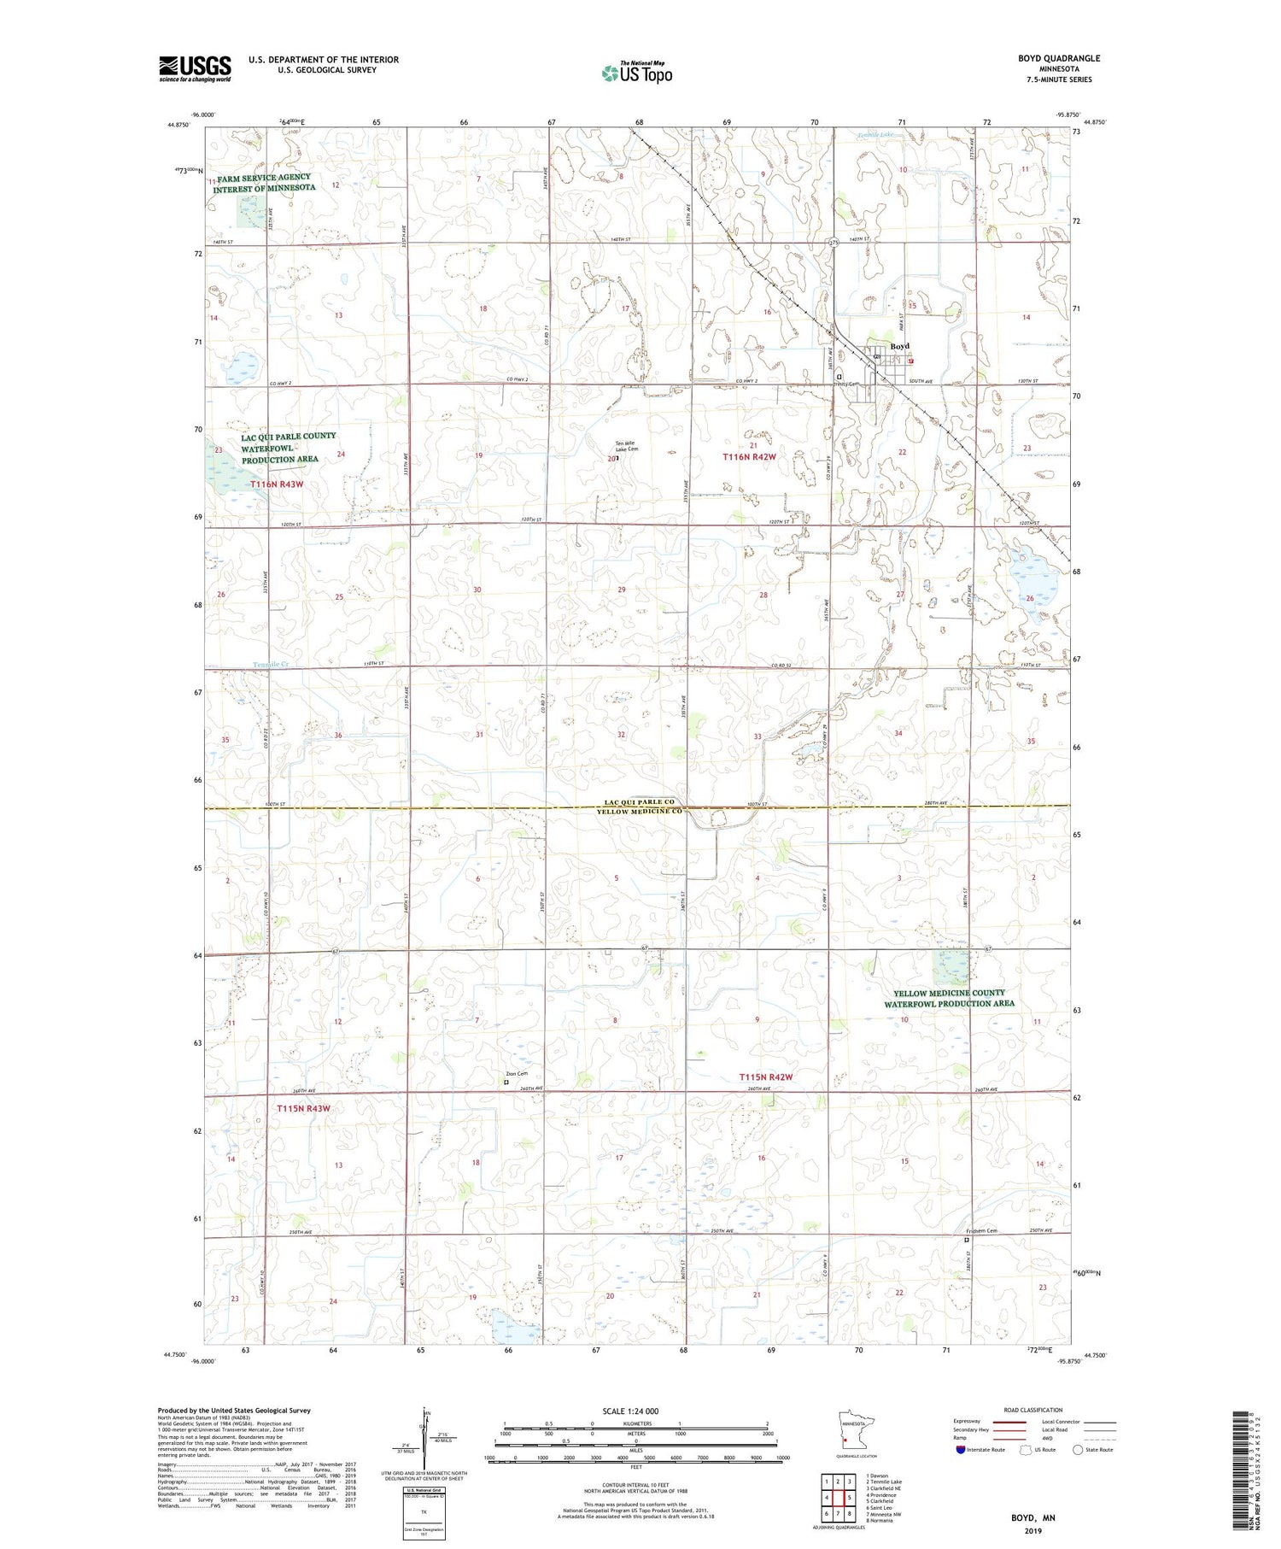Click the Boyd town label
click(900, 346)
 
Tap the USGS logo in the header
click(195, 68)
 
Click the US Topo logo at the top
click(635, 73)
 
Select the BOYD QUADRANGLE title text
click(1059, 58)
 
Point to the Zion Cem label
click(517, 1074)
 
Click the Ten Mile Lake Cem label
click(627, 446)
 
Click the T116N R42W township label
click(750, 457)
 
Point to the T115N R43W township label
click(303, 1108)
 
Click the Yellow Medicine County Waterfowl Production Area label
click(949, 998)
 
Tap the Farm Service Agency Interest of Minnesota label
click(264, 182)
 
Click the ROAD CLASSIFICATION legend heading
click(1033, 1410)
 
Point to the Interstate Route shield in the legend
click(961, 1450)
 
